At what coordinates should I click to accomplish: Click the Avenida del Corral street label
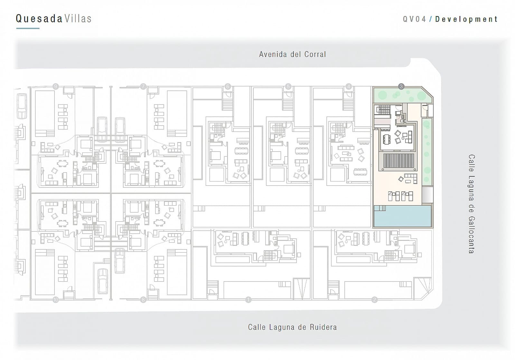(x=292, y=54)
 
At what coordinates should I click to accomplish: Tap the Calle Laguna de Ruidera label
(x=292, y=327)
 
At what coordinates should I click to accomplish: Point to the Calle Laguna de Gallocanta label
(x=471, y=204)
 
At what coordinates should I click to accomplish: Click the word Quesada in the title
(x=39, y=19)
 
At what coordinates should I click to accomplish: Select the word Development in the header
(x=466, y=19)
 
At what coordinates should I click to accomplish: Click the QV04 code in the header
(x=414, y=19)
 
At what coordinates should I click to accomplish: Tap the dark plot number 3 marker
(x=401, y=86)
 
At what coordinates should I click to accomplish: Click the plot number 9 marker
(x=56, y=86)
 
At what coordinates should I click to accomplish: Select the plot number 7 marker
(x=143, y=86)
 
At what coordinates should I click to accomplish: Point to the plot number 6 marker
(x=228, y=86)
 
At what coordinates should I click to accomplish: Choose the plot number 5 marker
(x=288, y=86)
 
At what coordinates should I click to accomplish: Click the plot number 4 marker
(x=349, y=86)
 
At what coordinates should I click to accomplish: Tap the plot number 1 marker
(x=248, y=300)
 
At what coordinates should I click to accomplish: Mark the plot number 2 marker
(x=374, y=300)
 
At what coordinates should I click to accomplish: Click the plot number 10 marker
(x=56, y=300)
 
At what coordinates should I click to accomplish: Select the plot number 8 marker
(x=143, y=300)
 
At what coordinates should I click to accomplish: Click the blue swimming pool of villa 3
(x=402, y=216)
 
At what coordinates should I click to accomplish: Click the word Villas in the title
(x=78, y=19)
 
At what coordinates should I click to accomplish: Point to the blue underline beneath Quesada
(x=28, y=28)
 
